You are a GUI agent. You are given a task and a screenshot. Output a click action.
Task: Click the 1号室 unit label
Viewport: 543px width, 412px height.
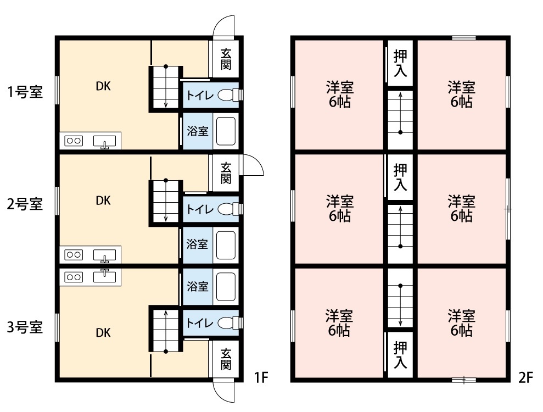[25, 91]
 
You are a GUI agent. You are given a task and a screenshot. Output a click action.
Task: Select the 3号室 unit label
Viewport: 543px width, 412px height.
[25, 328]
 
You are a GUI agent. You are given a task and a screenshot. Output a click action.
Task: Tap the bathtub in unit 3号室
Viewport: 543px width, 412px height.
[226, 286]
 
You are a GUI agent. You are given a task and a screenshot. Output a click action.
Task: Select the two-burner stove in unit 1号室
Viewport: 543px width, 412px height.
[74, 141]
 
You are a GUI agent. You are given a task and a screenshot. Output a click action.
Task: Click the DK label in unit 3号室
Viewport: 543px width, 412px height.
[103, 332]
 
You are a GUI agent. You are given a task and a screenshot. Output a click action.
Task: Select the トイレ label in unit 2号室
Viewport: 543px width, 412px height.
[198, 209]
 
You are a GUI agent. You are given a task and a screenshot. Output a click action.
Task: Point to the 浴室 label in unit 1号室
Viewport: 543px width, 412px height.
[198, 131]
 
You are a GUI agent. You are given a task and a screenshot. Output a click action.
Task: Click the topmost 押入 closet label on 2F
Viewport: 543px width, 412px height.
[400, 63]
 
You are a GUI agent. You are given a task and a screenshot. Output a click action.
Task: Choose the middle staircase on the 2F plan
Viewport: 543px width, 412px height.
[400, 227]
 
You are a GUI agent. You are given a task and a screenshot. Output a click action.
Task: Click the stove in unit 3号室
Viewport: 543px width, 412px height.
[74, 276]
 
